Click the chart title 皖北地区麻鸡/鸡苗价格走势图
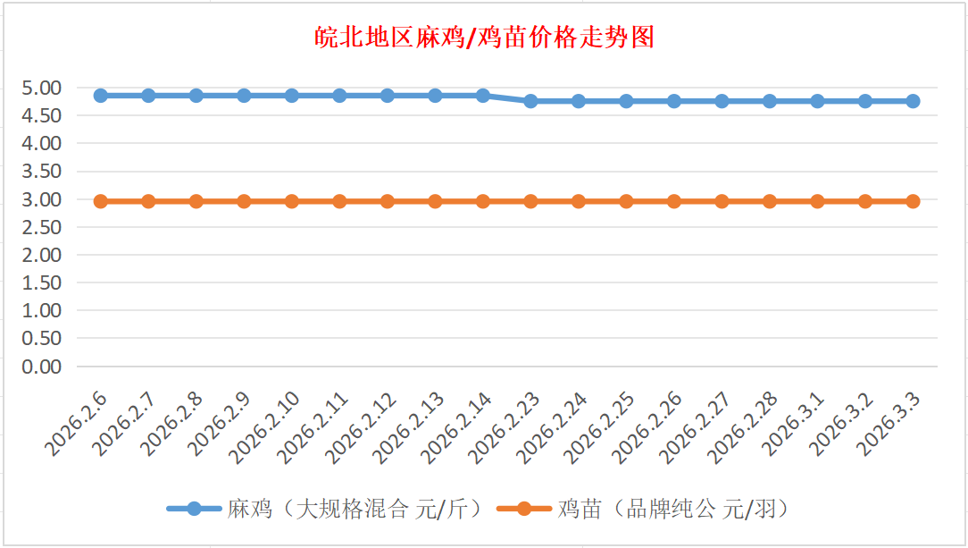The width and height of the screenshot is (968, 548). (484, 37)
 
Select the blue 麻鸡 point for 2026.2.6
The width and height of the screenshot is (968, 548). (101, 96)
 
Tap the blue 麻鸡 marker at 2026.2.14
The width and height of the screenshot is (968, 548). (483, 96)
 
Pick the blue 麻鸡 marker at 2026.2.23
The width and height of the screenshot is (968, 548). (530, 101)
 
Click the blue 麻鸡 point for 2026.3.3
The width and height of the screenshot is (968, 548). (913, 101)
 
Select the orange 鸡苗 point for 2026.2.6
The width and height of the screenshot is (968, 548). (101, 201)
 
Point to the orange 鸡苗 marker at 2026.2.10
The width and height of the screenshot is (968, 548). (292, 201)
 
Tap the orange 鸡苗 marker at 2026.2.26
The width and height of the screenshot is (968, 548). (674, 201)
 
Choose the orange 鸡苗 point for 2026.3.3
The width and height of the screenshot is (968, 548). (913, 201)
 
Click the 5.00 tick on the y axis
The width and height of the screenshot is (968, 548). (43, 88)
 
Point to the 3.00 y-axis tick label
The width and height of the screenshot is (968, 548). (43, 199)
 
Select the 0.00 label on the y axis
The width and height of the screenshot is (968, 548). (43, 367)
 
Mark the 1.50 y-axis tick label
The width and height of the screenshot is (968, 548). (43, 282)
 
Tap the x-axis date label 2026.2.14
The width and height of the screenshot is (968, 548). (457, 427)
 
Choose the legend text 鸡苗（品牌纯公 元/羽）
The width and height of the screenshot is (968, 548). (674, 510)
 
